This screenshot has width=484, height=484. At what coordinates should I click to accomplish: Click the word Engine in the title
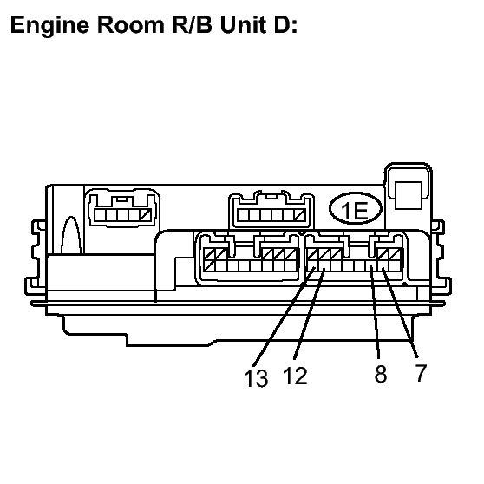point(49,26)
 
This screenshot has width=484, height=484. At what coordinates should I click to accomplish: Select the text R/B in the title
point(192,24)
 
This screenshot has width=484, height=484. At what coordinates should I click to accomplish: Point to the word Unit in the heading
point(243,24)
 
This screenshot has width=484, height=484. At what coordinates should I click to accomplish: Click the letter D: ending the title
point(285,24)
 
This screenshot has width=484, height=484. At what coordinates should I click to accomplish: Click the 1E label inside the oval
point(355,211)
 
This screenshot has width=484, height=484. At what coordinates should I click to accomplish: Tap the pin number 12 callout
point(295,376)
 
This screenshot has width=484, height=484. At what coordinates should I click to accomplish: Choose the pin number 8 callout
point(381,374)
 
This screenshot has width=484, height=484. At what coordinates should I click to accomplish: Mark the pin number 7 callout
point(421,373)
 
